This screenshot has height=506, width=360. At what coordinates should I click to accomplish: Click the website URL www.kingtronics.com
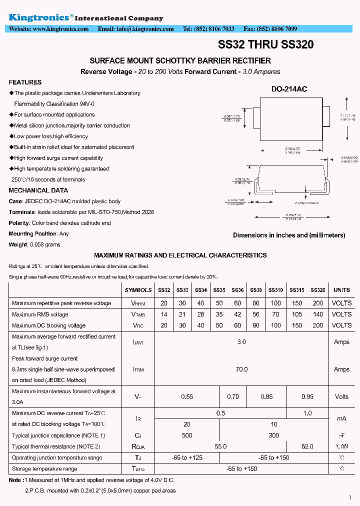[x=60, y=29]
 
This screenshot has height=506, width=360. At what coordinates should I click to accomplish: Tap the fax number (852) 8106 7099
[x=278, y=29]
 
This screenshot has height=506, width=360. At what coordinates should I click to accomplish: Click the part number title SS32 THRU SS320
[x=266, y=44]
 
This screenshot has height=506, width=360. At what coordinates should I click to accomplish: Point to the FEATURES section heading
[x=25, y=82]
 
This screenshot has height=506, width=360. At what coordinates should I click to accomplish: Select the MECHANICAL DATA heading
[x=38, y=190]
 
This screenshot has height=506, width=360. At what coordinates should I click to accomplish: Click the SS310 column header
[x=275, y=290]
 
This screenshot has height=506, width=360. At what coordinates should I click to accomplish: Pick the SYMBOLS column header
[x=138, y=290]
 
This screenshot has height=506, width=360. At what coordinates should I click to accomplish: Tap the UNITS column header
[x=341, y=290]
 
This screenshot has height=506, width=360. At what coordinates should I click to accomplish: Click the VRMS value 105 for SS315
[x=297, y=314]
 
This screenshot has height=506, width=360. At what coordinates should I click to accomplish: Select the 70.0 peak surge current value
[x=241, y=369]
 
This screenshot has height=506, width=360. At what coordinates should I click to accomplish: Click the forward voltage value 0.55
[x=187, y=396]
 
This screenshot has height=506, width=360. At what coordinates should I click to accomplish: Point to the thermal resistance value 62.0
[x=307, y=446]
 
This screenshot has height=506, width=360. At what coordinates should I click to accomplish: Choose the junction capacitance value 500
[x=187, y=435]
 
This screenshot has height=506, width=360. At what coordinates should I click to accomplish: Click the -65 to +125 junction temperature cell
[x=187, y=457]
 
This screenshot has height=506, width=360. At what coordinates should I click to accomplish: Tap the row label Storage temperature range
[x=44, y=469]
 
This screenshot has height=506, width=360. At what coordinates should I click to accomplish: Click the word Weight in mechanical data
[x=18, y=244]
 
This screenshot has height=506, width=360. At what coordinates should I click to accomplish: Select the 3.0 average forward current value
[x=241, y=342]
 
